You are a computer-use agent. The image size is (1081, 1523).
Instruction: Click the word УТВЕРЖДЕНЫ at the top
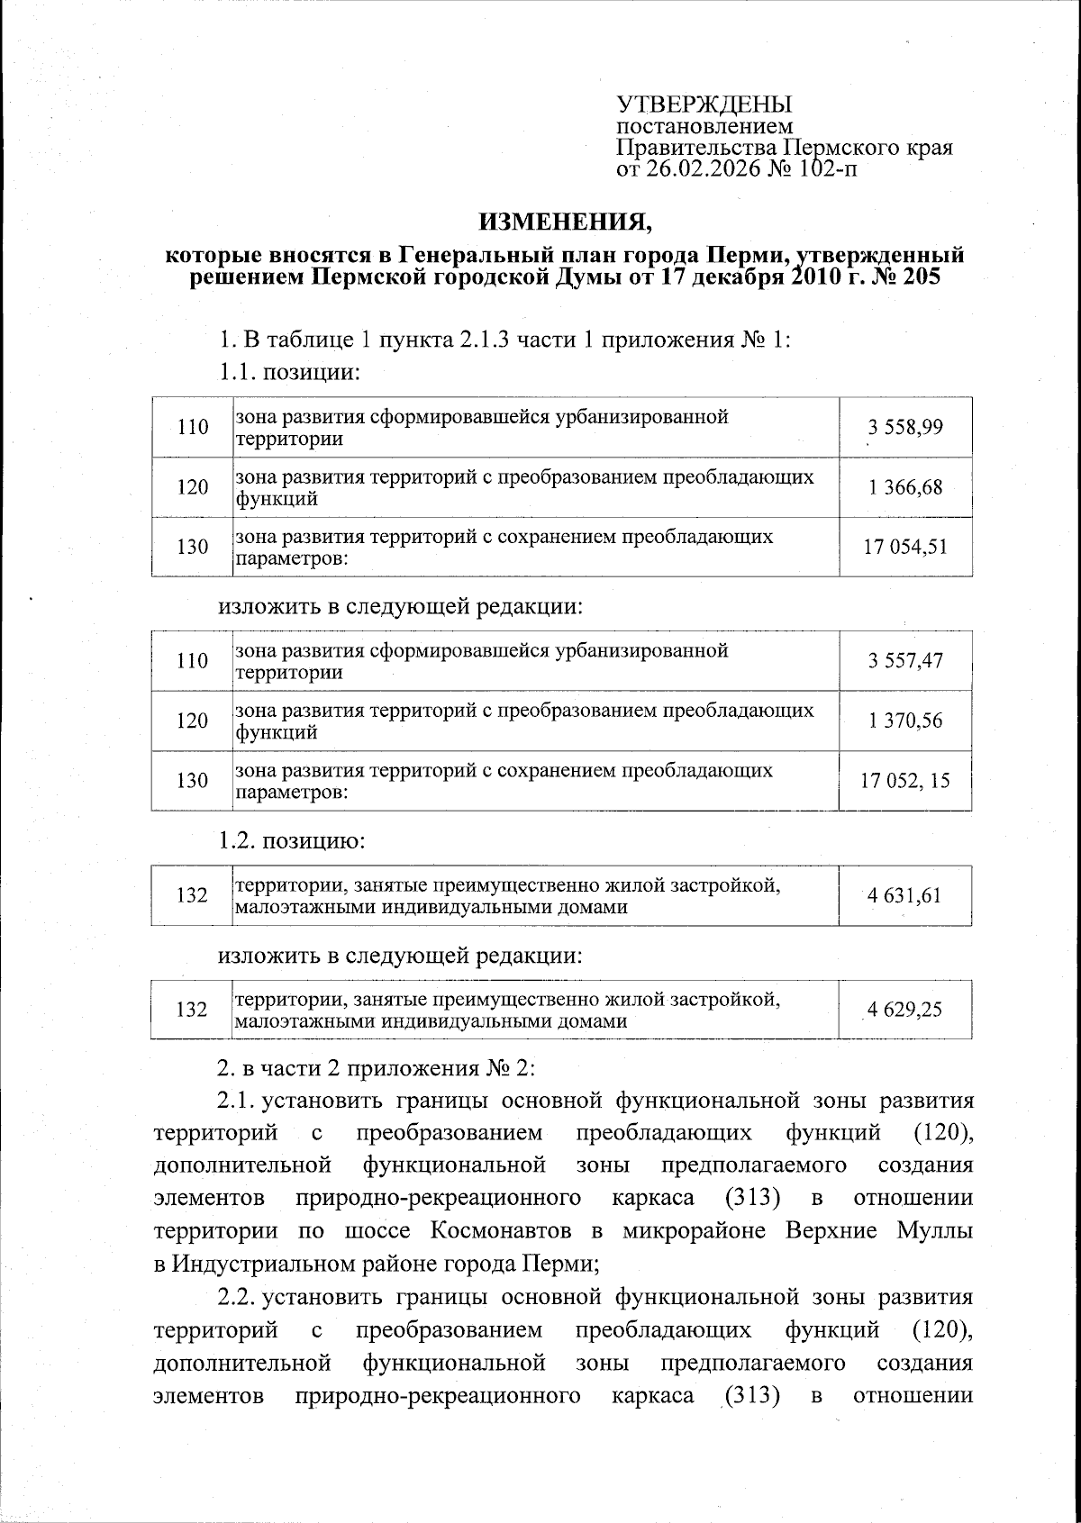pyautogui.click(x=704, y=105)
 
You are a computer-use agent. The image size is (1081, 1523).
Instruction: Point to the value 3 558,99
pyautogui.click(x=905, y=427)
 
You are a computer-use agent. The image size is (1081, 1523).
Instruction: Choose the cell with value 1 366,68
pyautogui.click(x=905, y=487)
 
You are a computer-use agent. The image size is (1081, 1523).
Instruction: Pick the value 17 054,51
pyautogui.click(x=905, y=547)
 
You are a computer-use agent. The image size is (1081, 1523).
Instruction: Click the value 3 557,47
pyautogui.click(x=905, y=661)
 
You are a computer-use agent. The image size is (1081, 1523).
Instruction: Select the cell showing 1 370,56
pyautogui.click(x=905, y=721)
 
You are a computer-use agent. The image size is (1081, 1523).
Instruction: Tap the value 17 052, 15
pyautogui.click(x=905, y=781)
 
